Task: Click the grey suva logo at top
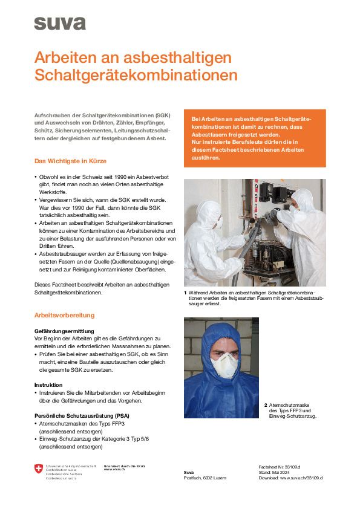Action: coord(60,24)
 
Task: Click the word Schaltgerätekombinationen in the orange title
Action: coord(136,76)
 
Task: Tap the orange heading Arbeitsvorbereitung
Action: coord(65,315)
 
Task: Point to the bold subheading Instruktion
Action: coord(48,384)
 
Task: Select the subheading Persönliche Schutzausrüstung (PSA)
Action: coord(82,416)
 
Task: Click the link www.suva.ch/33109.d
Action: coord(301,478)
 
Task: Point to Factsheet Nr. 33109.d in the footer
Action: coord(280,467)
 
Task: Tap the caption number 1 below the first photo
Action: coord(185,293)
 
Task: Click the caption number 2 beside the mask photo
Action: coord(265,404)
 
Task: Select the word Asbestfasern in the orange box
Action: coord(208,134)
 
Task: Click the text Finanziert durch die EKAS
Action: coord(125,466)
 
